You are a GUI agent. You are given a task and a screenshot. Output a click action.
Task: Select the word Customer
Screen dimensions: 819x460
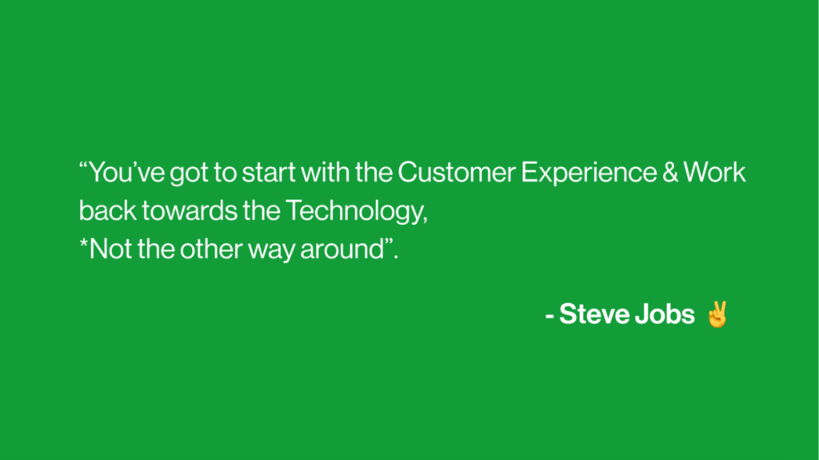click(x=457, y=172)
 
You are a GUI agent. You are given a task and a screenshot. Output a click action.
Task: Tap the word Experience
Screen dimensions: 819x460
click(x=589, y=174)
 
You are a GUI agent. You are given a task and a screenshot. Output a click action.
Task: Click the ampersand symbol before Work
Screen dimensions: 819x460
click(x=670, y=172)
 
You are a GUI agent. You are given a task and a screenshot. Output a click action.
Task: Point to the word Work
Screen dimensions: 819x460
click(x=714, y=172)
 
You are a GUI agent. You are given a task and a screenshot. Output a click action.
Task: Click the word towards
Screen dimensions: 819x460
click(x=190, y=210)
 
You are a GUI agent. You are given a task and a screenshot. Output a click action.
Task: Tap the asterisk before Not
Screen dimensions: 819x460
click(x=83, y=242)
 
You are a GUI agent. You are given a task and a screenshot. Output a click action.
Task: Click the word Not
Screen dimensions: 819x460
click(x=110, y=249)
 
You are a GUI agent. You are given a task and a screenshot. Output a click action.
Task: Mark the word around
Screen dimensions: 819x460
click(x=342, y=249)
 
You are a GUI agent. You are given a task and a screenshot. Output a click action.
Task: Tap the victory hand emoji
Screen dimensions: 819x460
click(x=717, y=314)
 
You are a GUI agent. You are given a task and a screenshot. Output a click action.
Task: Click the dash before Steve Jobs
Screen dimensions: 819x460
click(x=549, y=316)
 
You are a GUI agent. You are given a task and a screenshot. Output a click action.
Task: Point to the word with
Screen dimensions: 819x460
click(x=326, y=172)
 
